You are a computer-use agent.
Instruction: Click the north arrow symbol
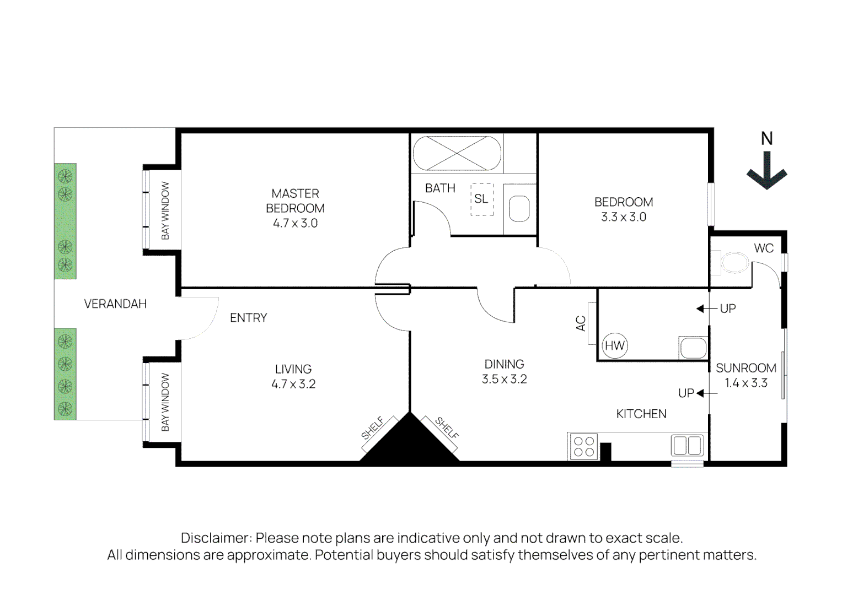(766, 171)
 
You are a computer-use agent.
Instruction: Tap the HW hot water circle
(614, 345)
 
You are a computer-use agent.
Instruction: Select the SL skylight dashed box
(481, 198)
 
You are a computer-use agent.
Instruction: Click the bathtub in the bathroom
(457, 154)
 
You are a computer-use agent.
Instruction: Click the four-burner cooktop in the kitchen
(583, 447)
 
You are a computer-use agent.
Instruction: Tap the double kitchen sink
(687, 445)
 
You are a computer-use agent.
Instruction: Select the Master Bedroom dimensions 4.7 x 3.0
(295, 223)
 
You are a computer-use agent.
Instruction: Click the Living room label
(293, 369)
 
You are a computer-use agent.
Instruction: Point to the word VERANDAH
(115, 304)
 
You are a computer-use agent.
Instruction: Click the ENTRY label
(248, 318)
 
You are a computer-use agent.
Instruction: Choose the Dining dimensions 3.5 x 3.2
(504, 379)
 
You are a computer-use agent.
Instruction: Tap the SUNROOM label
(746, 368)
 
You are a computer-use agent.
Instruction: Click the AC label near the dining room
(581, 323)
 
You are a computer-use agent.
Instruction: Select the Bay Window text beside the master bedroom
(165, 210)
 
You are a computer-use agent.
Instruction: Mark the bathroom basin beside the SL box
(519, 209)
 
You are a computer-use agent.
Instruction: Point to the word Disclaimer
(216, 538)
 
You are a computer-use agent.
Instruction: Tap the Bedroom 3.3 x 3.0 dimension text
(623, 217)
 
